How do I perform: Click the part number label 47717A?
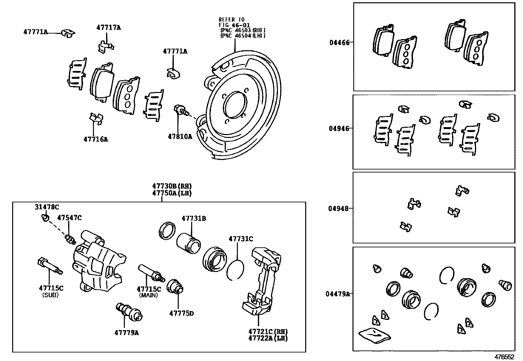click(x=108, y=28)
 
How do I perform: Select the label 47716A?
click(x=96, y=139)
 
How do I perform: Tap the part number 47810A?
click(x=180, y=136)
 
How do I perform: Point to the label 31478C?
click(x=47, y=207)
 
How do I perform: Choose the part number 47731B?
click(x=194, y=218)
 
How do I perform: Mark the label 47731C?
click(x=240, y=239)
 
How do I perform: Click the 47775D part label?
click(x=181, y=313)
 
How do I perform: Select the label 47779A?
click(x=126, y=333)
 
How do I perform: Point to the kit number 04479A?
click(x=337, y=294)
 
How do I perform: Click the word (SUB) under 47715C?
click(x=51, y=295)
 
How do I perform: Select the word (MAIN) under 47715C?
click(x=148, y=295)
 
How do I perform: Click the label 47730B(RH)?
click(x=172, y=187)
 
